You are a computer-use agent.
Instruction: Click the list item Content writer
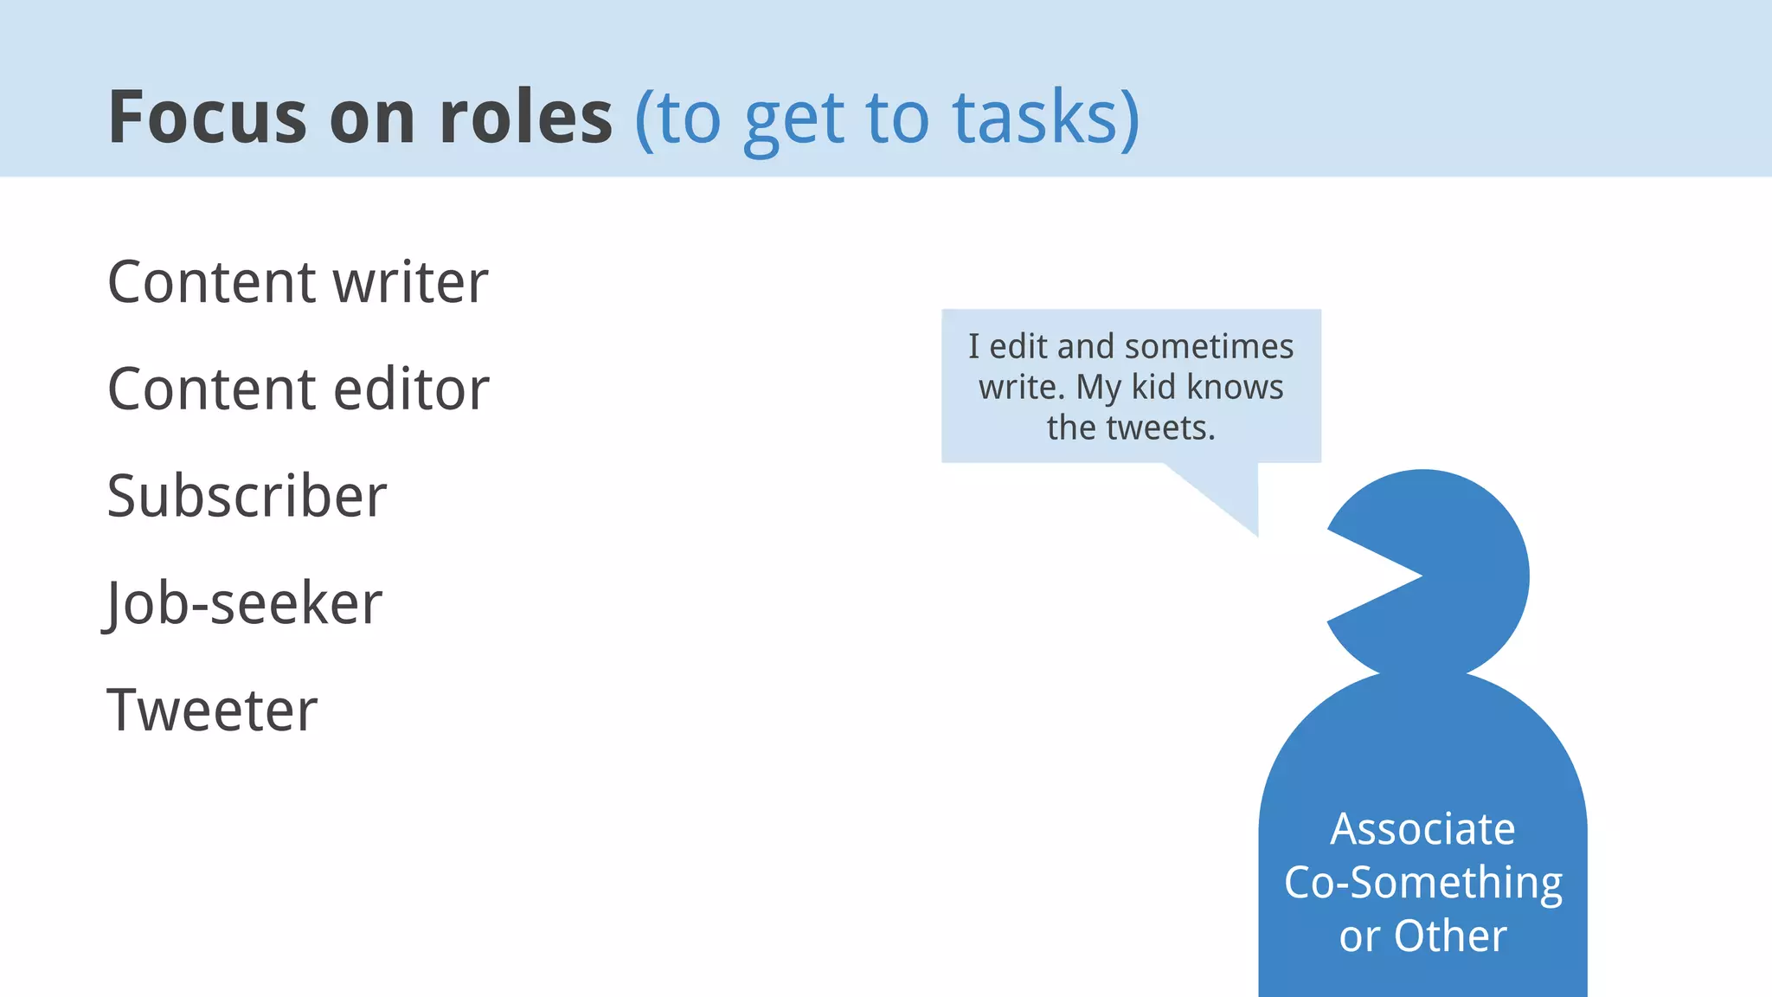(298, 282)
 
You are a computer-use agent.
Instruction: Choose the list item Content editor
(298, 389)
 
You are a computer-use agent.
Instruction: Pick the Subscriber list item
(247, 496)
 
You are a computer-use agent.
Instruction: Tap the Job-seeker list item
(243, 603)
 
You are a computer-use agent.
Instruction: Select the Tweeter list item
(212, 711)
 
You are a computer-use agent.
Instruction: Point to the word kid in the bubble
(1153, 387)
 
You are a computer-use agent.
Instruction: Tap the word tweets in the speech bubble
(1158, 428)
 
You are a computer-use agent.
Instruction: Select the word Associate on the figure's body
(1422, 829)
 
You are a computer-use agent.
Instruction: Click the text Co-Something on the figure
(1422, 883)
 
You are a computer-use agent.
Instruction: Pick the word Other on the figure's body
(1450, 936)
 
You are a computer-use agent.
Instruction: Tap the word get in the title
(793, 119)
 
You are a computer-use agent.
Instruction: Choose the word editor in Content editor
(411, 389)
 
